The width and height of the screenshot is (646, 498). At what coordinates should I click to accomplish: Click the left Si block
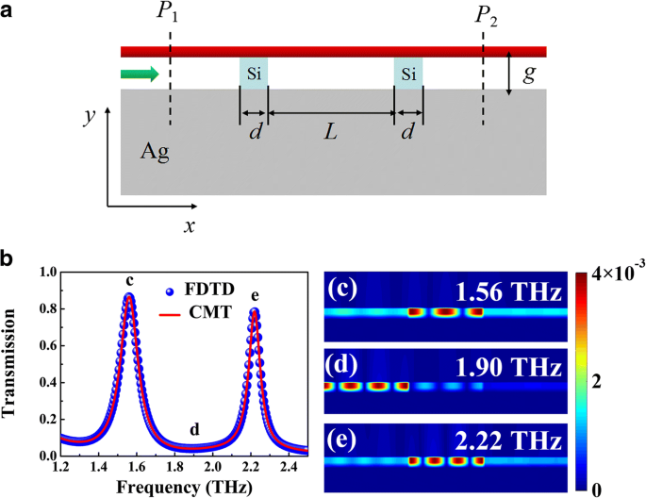point(254,74)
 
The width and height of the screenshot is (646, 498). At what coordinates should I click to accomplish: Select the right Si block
point(407,74)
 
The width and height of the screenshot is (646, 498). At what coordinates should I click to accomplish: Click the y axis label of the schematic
point(90,119)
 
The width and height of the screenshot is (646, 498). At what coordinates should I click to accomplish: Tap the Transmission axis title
point(14,363)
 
